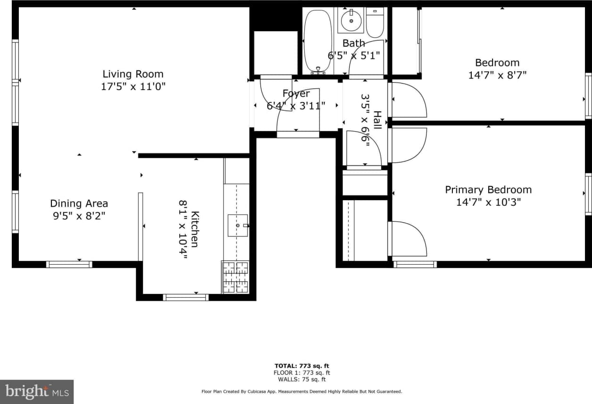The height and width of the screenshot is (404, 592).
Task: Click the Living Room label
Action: click(x=133, y=74)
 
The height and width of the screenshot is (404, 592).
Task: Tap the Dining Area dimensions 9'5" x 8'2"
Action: click(x=79, y=216)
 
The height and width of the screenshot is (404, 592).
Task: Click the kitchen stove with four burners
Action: click(x=235, y=277)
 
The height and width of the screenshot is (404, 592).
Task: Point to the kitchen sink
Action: click(x=238, y=226)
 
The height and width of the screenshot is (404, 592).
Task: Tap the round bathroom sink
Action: click(x=351, y=20)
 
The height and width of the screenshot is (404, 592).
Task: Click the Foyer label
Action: click(x=296, y=93)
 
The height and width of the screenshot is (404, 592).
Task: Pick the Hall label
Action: click(x=377, y=120)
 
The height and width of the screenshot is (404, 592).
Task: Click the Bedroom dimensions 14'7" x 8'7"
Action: click(x=497, y=75)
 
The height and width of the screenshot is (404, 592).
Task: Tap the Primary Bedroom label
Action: click(x=488, y=190)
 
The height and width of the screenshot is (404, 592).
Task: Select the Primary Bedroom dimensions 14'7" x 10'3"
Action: click(x=488, y=202)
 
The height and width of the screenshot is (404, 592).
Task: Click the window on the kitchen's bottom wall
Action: click(x=185, y=297)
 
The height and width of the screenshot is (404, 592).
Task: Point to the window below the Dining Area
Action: click(x=69, y=264)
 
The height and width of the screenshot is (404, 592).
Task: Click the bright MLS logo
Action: click(x=37, y=392)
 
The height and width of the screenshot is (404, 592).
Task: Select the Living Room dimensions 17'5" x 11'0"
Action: click(x=133, y=87)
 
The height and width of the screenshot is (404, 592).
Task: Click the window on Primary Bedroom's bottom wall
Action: click(x=415, y=264)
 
